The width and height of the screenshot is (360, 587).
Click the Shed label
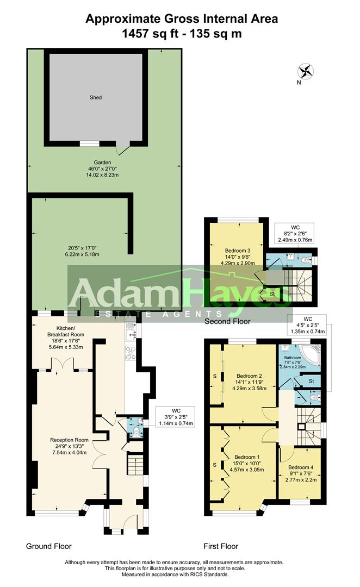[x=96, y=98]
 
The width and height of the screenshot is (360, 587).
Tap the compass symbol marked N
[x=306, y=72]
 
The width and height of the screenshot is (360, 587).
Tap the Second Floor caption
[x=227, y=322]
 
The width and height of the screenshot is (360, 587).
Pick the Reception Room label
[x=69, y=440]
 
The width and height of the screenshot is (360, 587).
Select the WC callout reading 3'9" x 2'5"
[x=175, y=416]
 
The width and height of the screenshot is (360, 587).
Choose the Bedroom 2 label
[x=250, y=376]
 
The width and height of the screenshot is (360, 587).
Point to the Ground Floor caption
[x=49, y=546]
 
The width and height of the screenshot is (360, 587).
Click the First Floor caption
[x=220, y=546]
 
